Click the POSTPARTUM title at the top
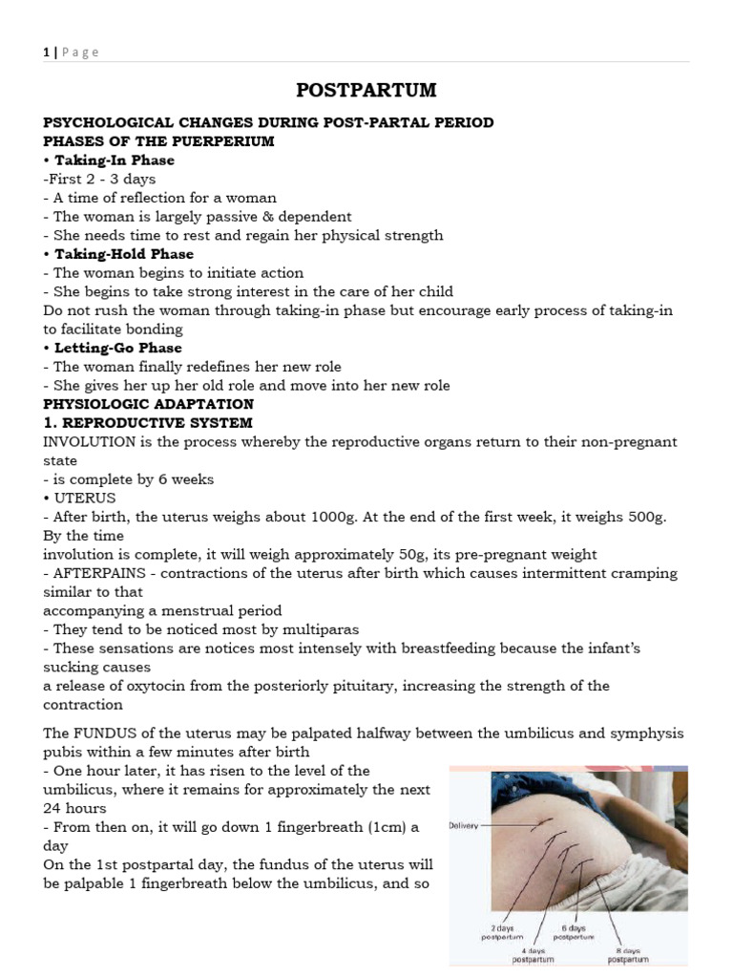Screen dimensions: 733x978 (x=366, y=91)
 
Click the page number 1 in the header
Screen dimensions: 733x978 (x=46, y=53)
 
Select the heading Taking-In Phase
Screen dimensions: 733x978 (x=114, y=160)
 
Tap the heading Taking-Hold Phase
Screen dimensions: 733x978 (x=123, y=254)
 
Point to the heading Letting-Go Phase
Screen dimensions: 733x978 (x=117, y=348)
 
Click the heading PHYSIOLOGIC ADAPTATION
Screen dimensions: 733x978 (x=148, y=404)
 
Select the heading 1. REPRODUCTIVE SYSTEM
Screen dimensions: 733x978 (x=148, y=422)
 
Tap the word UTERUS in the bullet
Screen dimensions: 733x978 (x=85, y=498)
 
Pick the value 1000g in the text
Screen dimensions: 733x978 (x=338, y=517)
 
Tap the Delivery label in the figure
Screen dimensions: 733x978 (x=468, y=825)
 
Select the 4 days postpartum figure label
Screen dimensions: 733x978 (x=532, y=954)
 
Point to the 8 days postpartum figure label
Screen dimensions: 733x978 (x=626, y=954)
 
